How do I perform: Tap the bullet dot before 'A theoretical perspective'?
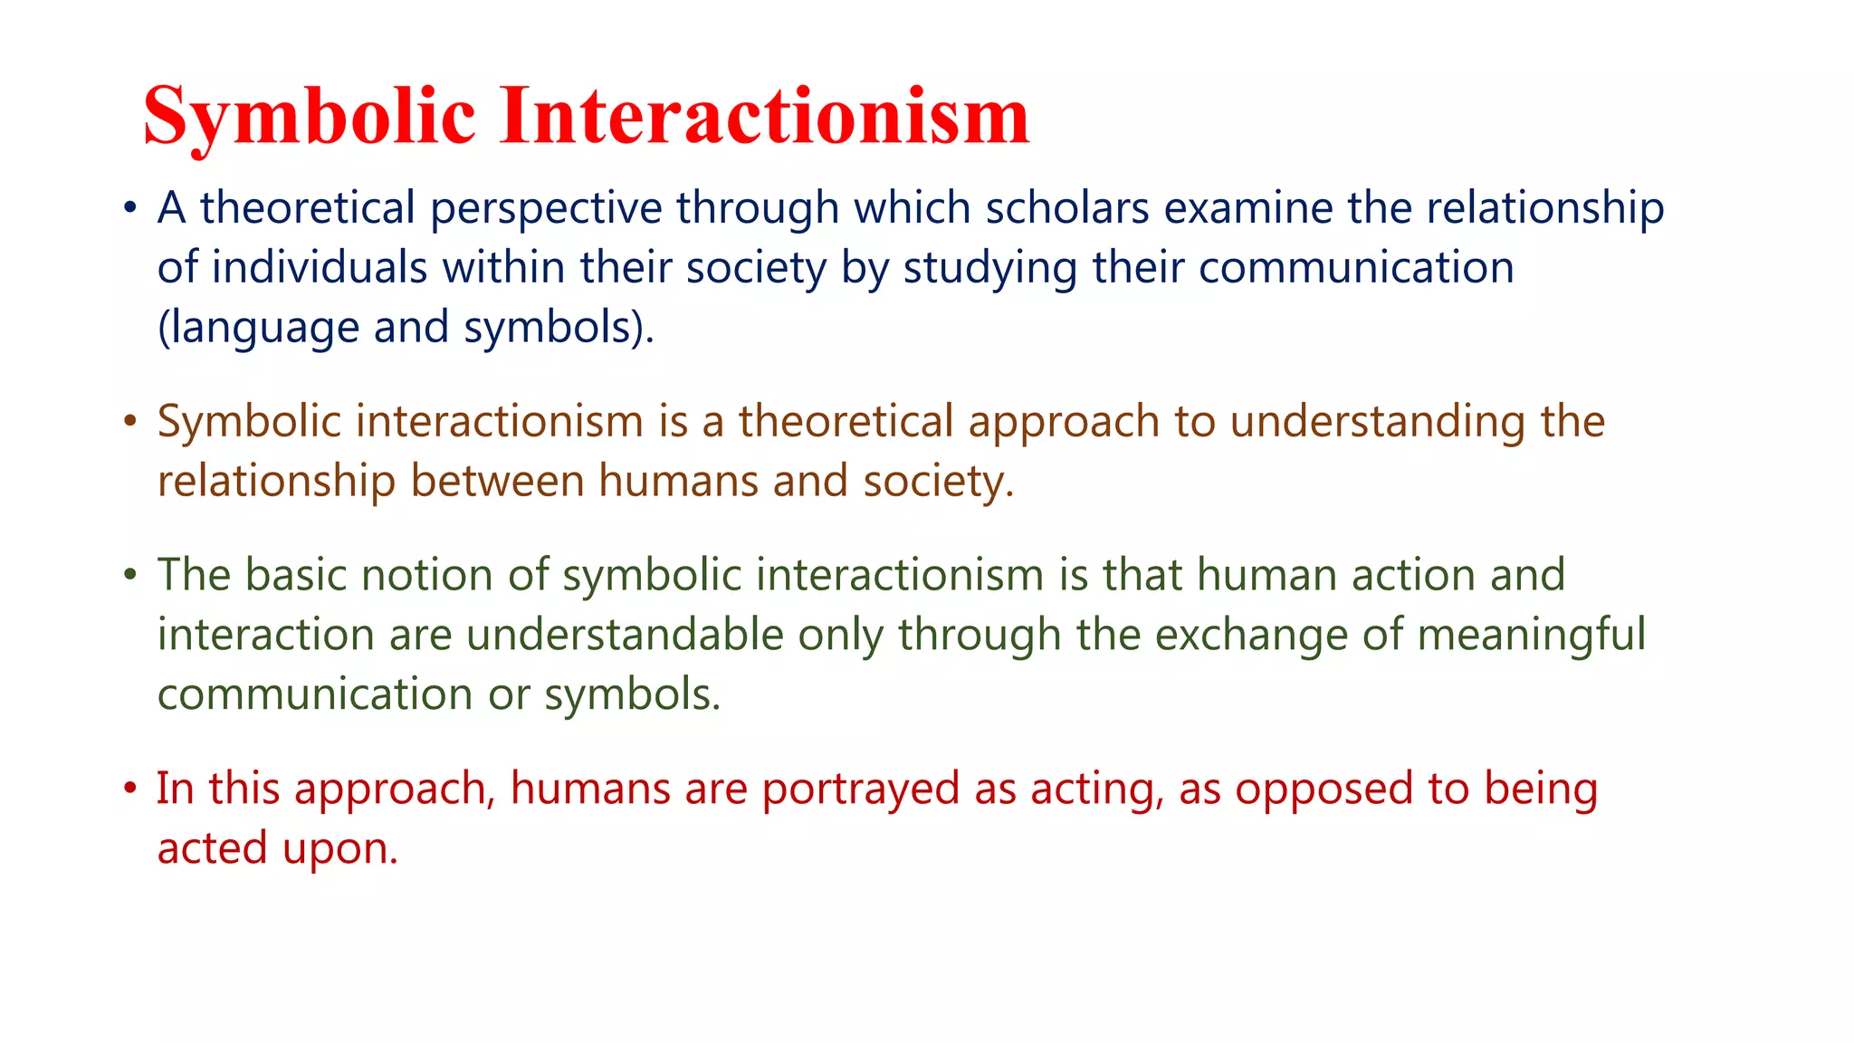point(130,209)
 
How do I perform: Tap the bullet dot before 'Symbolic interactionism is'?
point(130,422)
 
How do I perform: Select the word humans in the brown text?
point(678,481)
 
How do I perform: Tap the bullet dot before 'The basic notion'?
point(130,575)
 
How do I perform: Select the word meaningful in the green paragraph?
point(1531,636)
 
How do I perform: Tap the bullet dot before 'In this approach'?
point(130,789)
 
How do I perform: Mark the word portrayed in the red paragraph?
point(860,789)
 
